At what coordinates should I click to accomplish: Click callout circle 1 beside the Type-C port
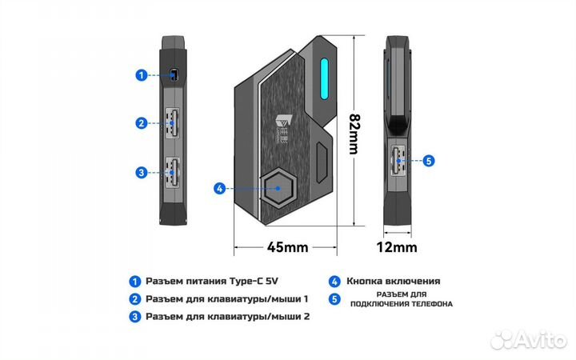pos(141,76)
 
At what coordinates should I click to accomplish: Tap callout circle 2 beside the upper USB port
pos(141,123)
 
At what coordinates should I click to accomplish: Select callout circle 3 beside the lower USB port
pos(141,171)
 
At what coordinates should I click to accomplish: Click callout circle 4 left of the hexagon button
pos(219,190)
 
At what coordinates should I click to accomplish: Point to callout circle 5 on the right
pos(428,160)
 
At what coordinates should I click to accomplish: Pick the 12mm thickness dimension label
pos(398,247)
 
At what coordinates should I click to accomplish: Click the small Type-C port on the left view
pos(174,76)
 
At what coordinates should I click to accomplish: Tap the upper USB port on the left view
pos(174,123)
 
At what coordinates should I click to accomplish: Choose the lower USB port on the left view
pos(174,171)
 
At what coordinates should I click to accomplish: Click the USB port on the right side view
pos(398,159)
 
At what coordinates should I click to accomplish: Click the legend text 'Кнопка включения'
pos(393,282)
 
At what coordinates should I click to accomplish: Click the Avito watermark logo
pos(527,340)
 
